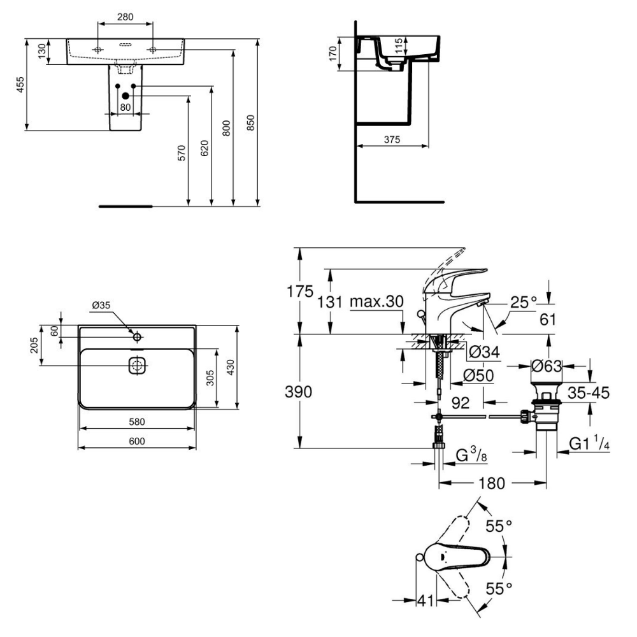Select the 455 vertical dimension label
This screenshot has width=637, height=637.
[20, 85]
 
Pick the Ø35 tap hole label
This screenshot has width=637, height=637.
[101, 305]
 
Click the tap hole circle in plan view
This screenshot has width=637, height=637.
[137, 335]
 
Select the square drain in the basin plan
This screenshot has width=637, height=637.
[137, 366]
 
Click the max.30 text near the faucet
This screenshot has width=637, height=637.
[377, 301]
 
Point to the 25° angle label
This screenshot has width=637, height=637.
[522, 301]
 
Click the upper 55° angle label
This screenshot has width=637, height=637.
[499, 526]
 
